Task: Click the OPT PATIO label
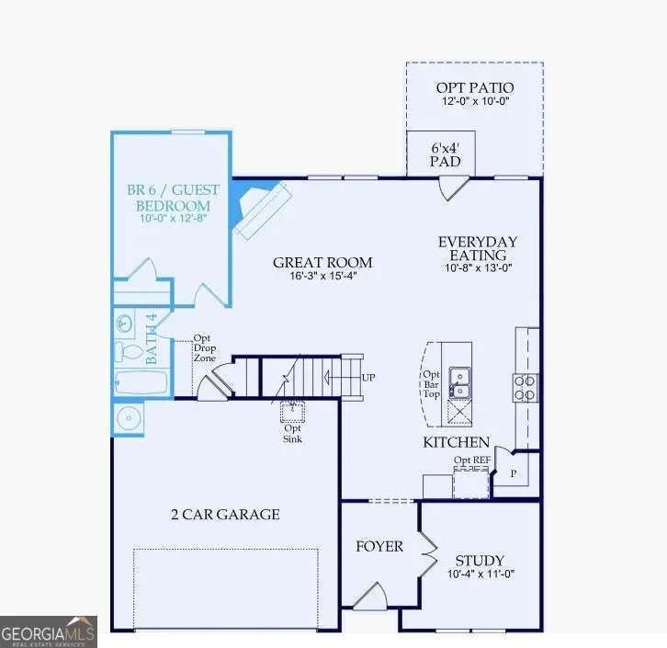pyautogui.click(x=474, y=87)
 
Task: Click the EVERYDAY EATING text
pyautogui.click(x=477, y=248)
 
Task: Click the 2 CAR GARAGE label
pyautogui.click(x=224, y=514)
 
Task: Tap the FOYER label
pyautogui.click(x=379, y=546)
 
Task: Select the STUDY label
pyautogui.click(x=480, y=561)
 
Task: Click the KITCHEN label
pyautogui.click(x=456, y=442)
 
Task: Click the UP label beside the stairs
pyautogui.click(x=368, y=378)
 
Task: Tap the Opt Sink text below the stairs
pyautogui.click(x=293, y=432)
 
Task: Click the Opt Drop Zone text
pyautogui.click(x=203, y=348)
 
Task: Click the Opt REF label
pyautogui.click(x=470, y=460)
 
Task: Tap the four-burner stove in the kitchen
pyautogui.click(x=525, y=388)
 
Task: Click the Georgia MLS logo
pyautogui.click(x=48, y=631)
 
